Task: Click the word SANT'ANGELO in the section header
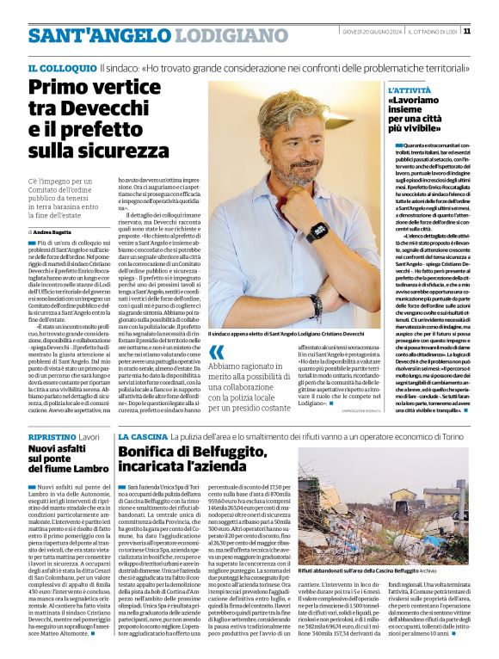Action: point(82,35)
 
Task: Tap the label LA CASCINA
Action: point(143,437)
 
